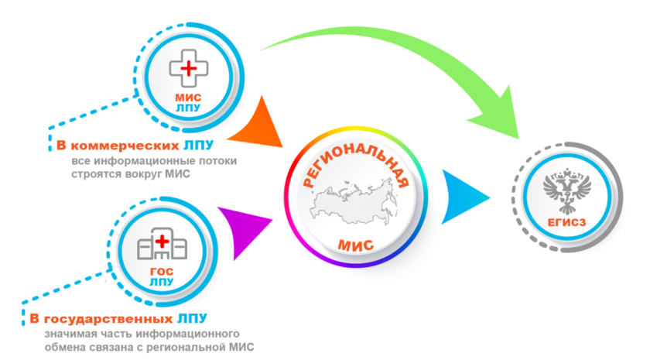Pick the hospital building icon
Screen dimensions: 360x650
(x=162, y=246)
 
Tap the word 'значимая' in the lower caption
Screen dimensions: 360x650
(x=71, y=334)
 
